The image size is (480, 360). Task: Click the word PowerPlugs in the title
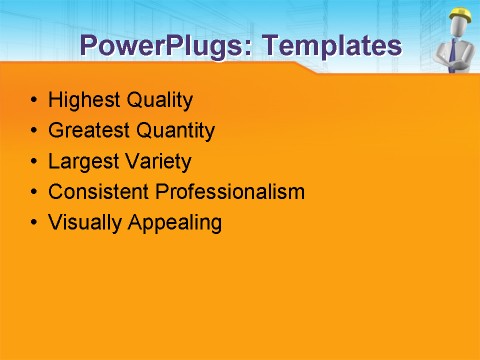160,45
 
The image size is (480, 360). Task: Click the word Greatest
87,130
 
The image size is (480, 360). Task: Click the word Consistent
97,191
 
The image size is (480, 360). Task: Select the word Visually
85,222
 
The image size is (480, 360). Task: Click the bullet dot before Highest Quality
35,101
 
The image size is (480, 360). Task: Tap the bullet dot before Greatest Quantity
35,131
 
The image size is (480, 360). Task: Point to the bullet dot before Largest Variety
35,161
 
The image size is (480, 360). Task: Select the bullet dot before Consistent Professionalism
35,192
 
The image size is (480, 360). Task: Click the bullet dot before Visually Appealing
35,222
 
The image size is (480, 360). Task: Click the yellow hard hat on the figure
460,14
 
